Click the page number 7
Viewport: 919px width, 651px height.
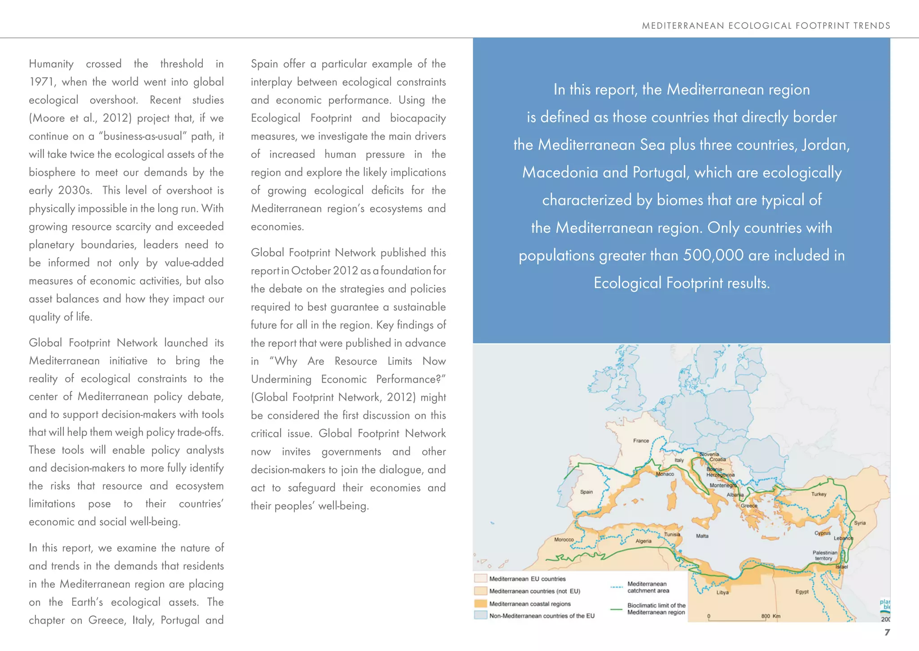click(x=887, y=632)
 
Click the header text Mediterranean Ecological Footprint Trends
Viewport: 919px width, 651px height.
click(x=766, y=26)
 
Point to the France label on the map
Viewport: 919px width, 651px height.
click(x=641, y=441)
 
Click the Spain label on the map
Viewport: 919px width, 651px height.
click(x=586, y=492)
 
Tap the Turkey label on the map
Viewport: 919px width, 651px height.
click(x=818, y=494)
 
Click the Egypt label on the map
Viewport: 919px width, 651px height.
click(x=801, y=592)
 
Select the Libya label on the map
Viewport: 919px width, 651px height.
click(x=722, y=592)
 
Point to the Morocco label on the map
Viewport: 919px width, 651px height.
click(x=564, y=539)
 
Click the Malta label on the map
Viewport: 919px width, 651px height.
click(x=702, y=536)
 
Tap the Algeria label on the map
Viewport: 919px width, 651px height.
click(x=643, y=541)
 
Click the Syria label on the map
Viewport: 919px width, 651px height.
click(x=860, y=523)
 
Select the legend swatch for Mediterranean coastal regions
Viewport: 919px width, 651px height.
click(x=481, y=604)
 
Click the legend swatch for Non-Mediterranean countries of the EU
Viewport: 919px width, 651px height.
click(x=481, y=616)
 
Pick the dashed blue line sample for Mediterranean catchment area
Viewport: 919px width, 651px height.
click(x=617, y=587)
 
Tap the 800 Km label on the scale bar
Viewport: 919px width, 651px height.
click(x=770, y=616)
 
